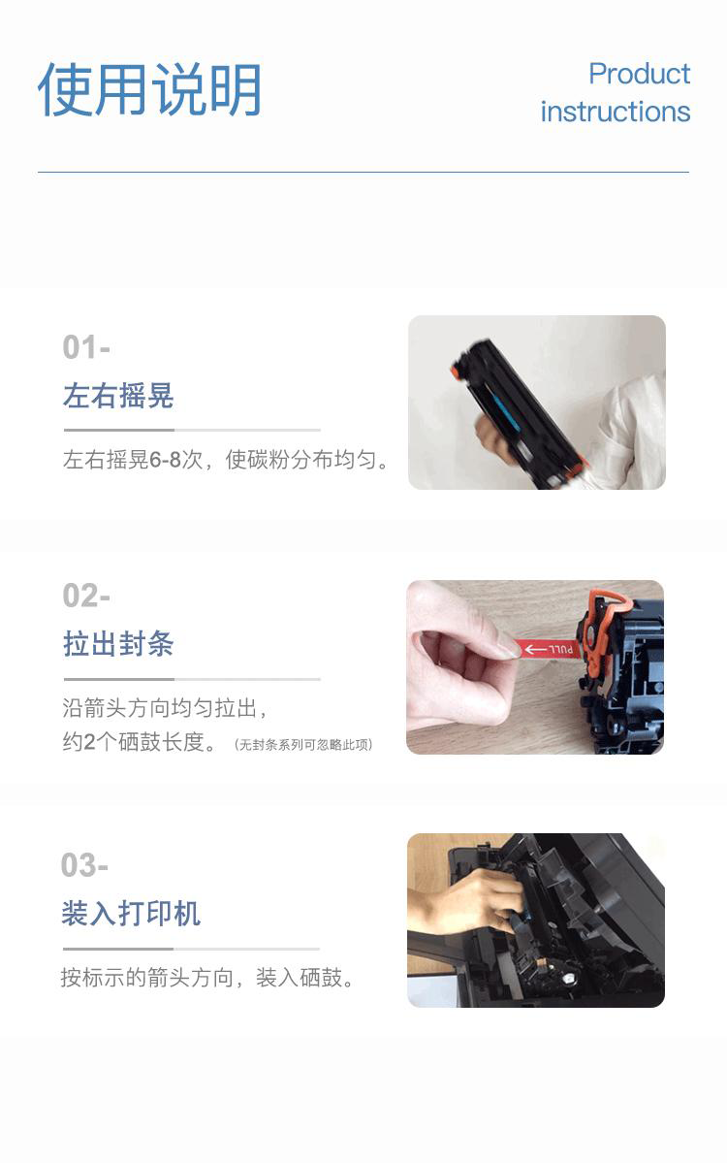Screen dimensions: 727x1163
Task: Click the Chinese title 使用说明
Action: pyautogui.click(x=149, y=89)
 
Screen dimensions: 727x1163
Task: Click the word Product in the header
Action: pyautogui.click(x=639, y=74)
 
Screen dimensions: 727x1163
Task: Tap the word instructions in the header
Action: pyautogui.click(x=616, y=112)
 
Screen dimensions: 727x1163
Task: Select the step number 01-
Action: pyautogui.click(x=86, y=347)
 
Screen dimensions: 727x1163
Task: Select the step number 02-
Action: pyautogui.click(x=86, y=596)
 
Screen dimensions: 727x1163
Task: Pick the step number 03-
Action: pyautogui.click(x=84, y=865)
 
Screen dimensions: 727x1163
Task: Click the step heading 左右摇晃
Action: pyautogui.click(x=118, y=396)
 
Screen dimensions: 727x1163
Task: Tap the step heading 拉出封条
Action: pyautogui.click(x=118, y=643)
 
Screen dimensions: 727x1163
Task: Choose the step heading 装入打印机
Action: pyautogui.click(x=131, y=913)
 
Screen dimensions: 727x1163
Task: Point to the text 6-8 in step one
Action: pyautogui.click(x=165, y=460)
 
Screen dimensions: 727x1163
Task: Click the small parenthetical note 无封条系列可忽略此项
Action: pyautogui.click(x=303, y=745)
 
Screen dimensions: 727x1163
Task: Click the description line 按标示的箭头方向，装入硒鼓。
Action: pyautogui.click(x=208, y=978)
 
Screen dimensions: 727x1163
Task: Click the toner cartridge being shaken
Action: pyautogui.click(x=519, y=411)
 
